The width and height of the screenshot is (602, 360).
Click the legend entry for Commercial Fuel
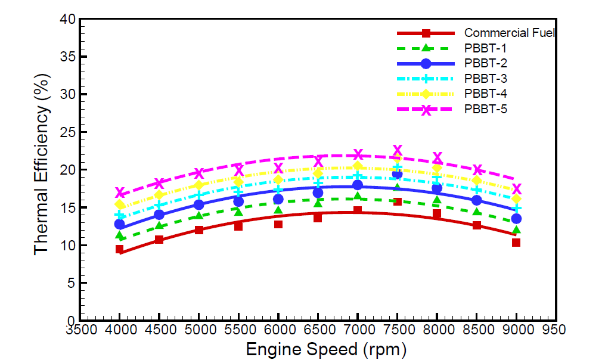click(x=510, y=33)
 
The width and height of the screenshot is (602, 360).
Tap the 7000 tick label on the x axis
click(x=358, y=330)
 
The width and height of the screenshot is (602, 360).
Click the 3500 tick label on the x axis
click(x=80, y=330)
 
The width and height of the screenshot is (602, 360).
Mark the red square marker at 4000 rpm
click(x=119, y=249)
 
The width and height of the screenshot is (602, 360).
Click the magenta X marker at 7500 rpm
click(x=398, y=150)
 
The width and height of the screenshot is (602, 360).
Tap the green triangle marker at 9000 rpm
click(x=516, y=230)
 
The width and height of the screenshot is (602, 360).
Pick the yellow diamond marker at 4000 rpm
click(x=119, y=204)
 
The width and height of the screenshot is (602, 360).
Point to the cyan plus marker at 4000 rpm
click(x=119, y=215)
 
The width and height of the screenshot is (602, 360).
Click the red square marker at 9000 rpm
click(x=516, y=243)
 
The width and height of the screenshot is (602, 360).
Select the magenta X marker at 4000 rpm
click(x=119, y=193)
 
